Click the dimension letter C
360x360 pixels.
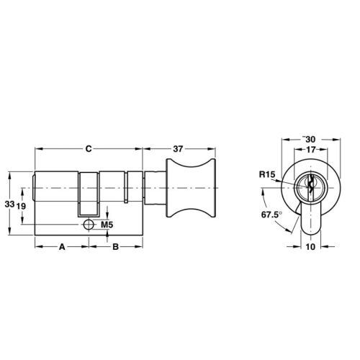tap(87, 149)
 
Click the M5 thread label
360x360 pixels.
tap(107, 225)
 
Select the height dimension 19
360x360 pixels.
tap(23, 206)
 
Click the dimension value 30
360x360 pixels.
tap(310, 138)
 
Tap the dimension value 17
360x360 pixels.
tap(310, 149)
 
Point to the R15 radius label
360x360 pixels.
tap(267, 174)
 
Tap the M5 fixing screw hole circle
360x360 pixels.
tap(89, 225)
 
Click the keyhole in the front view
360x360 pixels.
tap(310, 186)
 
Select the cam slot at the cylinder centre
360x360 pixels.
tap(89, 194)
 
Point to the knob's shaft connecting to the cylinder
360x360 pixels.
tap(156, 189)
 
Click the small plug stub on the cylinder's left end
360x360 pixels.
tap(37, 189)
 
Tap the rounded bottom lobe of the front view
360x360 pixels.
tap(310, 223)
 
